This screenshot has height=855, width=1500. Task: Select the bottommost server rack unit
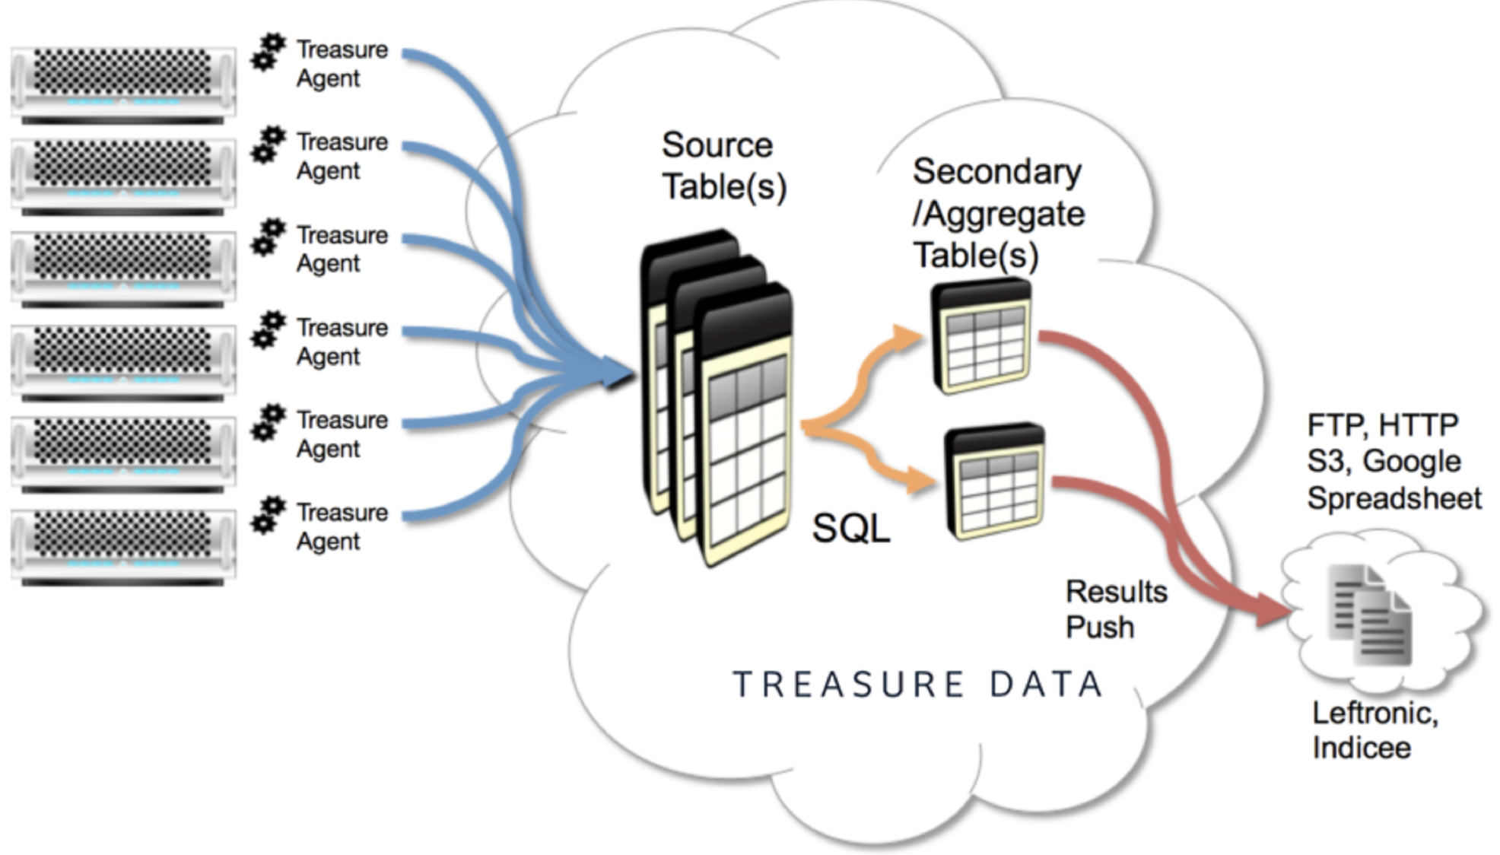pyautogui.click(x=123, y=545)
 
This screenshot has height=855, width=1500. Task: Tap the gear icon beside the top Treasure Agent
pyautogui.click(x=268, y=51)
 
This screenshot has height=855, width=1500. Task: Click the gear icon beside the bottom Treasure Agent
pyautogui.click(x=268, y=514)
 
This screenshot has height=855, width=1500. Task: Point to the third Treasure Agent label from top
pyautogui.click(x=342, y=249)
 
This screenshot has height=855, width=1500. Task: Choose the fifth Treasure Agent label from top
pyautogui.click(x=342, y=434)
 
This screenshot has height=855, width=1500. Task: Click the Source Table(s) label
pyautogui.click(x=723, y=166)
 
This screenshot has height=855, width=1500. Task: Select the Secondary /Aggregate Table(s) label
pyautogui.click(x=997, y=213)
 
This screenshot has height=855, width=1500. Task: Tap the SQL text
pyautogui.click(x=850, y=528)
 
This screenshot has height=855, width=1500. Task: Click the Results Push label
pyautogui.click(x=1115, y=609)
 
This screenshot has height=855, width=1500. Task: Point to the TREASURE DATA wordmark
pyautogui.click(x=917, y=684)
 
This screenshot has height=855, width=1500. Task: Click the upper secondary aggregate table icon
pyautogui.click(x=981, y=335)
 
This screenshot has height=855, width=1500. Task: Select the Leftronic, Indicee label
pyautogui.click(x=1374, y=730)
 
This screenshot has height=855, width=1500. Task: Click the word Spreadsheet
pyautogui.click(x=1394, y=498)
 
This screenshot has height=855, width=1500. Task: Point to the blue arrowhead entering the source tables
pyautogui.click(x=618, y=373)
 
